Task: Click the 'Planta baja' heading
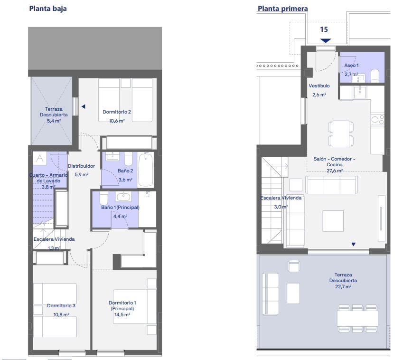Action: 48,9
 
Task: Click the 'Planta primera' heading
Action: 282,9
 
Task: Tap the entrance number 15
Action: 324,29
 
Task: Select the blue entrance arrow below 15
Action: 326,40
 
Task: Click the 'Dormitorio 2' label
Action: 117,112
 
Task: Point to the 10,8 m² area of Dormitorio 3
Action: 61,314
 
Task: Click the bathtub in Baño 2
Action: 146,170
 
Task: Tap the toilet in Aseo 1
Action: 375,76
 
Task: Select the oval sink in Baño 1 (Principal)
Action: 123,197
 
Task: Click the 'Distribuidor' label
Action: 81,166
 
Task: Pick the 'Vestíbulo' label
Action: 319,86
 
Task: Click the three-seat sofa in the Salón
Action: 331,185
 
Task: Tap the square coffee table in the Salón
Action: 333,221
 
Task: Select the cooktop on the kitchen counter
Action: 377,119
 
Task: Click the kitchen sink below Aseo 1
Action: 360,92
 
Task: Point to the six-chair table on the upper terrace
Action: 357,318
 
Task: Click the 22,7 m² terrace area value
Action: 343,287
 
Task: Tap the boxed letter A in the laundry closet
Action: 40,158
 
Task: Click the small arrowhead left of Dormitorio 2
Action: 83,107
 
